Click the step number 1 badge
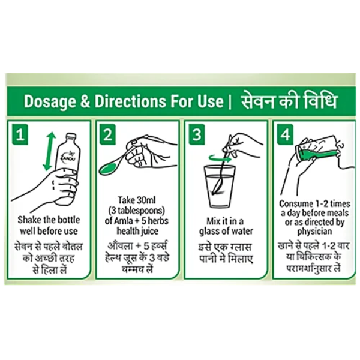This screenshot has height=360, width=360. pyautogui.click(x=20, y=135)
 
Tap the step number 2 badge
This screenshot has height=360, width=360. pyautogui.click(x=107, y=135)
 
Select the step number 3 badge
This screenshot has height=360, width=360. pyautogui.click(x=197, y=135)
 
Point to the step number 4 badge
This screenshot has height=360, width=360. pyautogui.click(x=286, y=135)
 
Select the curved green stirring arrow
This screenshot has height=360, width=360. pyautogui.click(x=220, y=158)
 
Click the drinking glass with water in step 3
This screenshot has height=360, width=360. pyautogui.click(x=220, y=187)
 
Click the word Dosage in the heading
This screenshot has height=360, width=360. pyautogui.click(x=50, y=102)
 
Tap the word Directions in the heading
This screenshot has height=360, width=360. pyautogui.click(x=130, y=101)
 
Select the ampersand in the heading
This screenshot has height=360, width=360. pyautogui.click(x=85, y=101)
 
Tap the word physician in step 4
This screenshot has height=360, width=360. pyautogui.click(x=314, y=232)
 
